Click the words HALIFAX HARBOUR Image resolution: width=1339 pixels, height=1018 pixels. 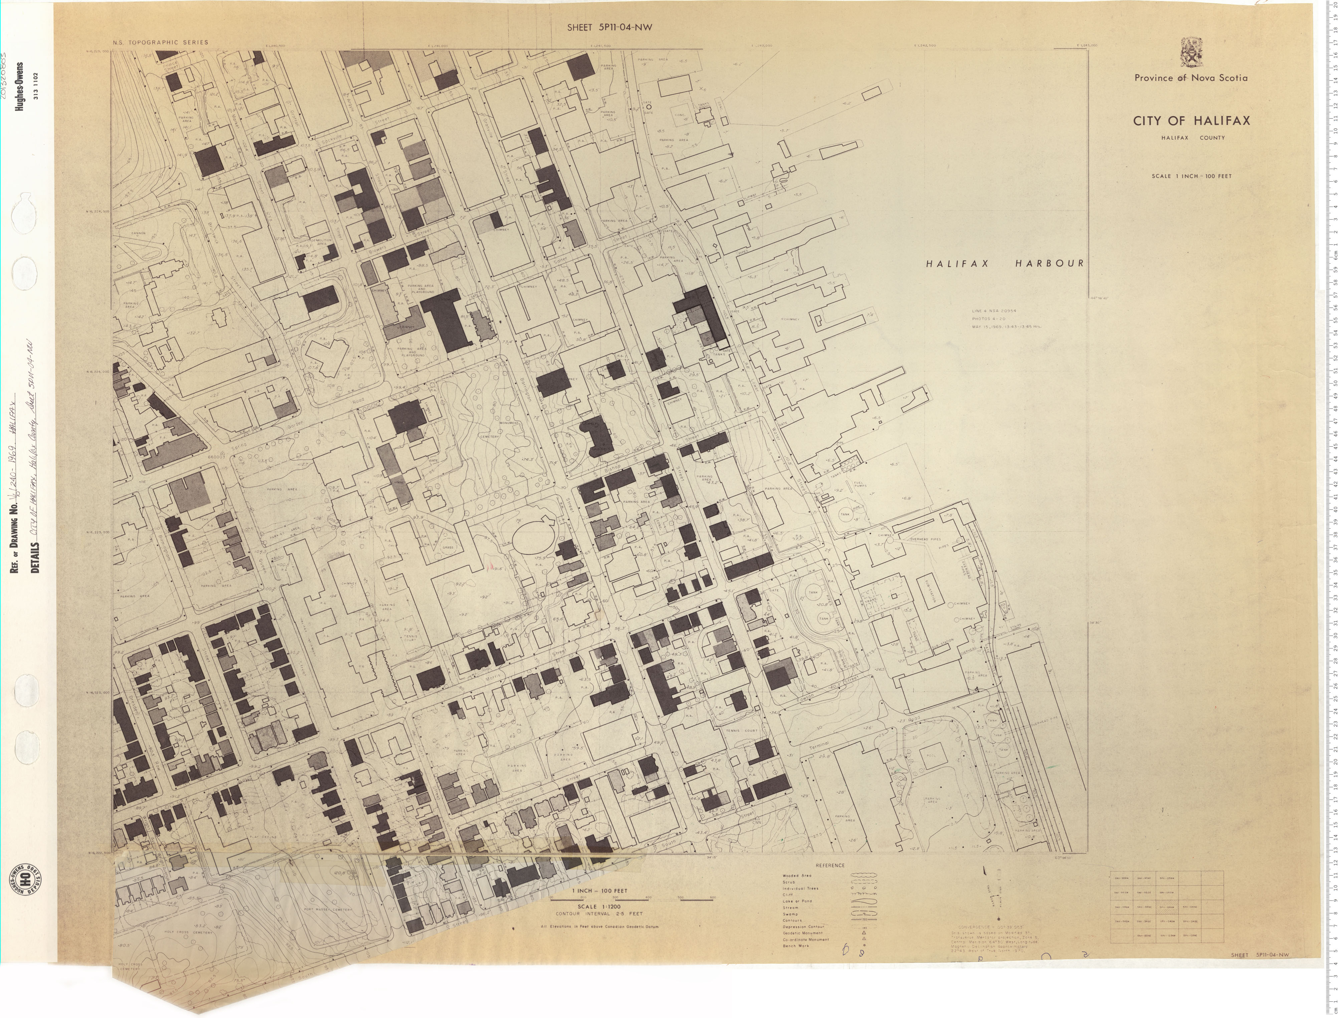(x=1004, y=264)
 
